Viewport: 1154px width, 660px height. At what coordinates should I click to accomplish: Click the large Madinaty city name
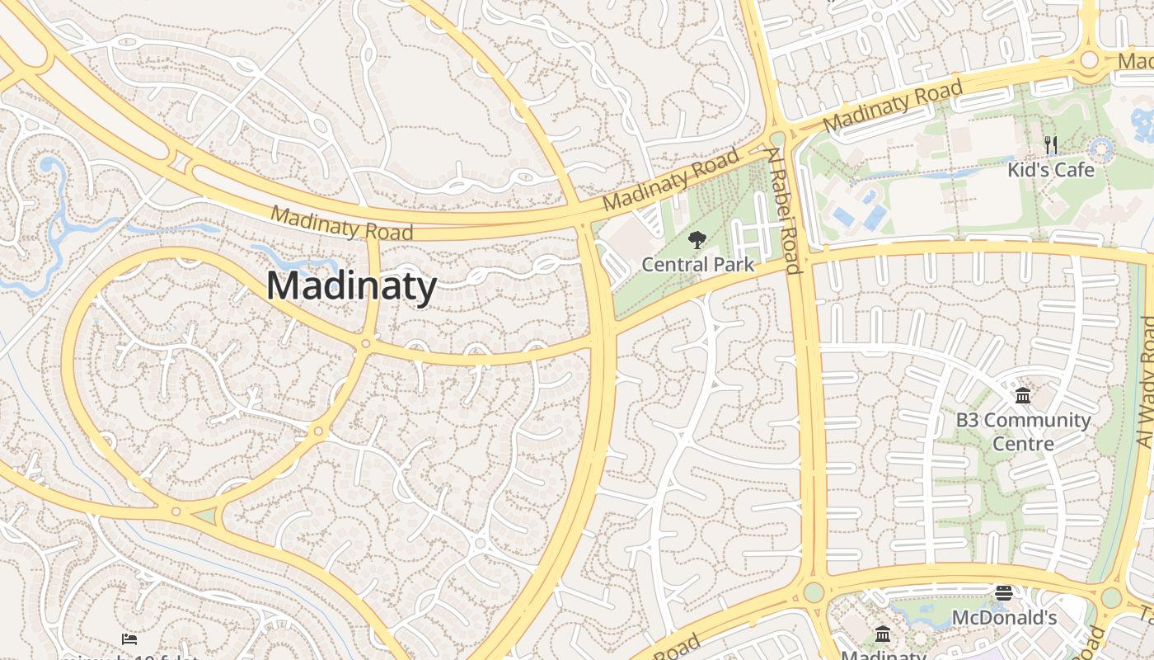point(351,286)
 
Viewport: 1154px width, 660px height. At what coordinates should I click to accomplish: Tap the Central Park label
point(697,265)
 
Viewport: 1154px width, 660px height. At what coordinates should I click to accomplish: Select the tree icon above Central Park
point(697,241)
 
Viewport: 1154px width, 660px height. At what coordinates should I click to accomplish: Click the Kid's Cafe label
point(1051,170)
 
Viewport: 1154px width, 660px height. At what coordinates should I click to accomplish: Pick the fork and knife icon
point(1051,145)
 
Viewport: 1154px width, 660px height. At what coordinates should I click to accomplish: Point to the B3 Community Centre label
point(1023,431)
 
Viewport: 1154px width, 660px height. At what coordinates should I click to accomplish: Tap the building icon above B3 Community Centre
point(1023,396)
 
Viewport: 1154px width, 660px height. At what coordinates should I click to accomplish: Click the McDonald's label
point(1004,618)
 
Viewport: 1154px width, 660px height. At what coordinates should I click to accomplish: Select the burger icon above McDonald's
point(1004,593)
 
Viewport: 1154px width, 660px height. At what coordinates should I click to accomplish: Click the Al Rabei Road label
point(784,210)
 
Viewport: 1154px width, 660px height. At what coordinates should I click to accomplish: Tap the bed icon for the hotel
point(129,639)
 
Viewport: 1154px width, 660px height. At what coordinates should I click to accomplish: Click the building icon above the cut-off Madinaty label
point(883,634)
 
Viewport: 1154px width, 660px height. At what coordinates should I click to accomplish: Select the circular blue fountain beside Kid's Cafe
point(1102,149)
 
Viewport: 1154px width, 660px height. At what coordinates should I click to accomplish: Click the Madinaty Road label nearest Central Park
point(671,180)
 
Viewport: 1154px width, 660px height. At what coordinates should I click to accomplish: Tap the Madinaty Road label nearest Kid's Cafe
point(894,105)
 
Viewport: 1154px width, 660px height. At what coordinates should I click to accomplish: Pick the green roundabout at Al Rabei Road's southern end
point(814,592)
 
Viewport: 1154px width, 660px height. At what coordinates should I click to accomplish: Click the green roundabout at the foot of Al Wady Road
point(1111,597)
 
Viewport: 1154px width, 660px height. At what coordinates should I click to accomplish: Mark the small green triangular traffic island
point(206,516)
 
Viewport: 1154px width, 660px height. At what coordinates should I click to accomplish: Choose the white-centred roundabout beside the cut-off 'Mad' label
point(1090,59)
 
